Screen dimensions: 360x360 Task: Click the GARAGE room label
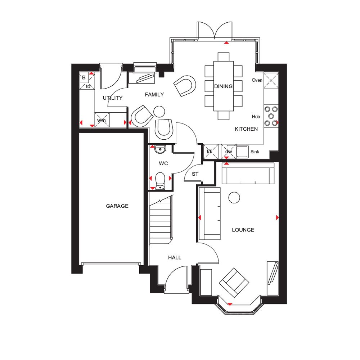[117, 206]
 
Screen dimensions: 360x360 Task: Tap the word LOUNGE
[243, 230]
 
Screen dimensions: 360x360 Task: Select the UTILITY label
[112, 98]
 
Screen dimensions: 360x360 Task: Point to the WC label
[163, 163]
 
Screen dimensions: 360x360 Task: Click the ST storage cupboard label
[195, 174]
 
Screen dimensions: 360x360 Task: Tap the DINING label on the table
[223, 86]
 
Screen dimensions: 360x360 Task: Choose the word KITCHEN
[246, 129]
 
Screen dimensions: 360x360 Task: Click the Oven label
[257, 80]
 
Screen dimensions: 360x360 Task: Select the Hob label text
[256, 117]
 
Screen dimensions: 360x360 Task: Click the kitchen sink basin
[242, 152]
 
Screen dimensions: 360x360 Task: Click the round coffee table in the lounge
[234, 197]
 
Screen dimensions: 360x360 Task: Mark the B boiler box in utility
[84, 77]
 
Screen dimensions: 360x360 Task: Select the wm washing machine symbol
[102, 120]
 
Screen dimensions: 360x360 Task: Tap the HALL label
[175, 257]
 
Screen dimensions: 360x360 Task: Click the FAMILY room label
[154, 95]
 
